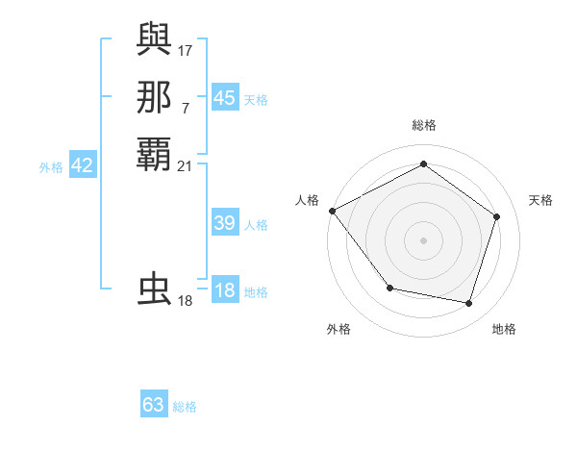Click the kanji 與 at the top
coord(155,40)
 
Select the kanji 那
coord(155,97)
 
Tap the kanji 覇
coord(155,155)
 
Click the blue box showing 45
coord(224,97)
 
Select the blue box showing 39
coord(224,223)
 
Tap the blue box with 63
coord(154,405)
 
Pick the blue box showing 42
coord(82,165)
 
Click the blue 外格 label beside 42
coord(51,167)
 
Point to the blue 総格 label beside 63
coord(185,407)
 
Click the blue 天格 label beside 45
coord(256,99)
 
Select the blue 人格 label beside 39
coord(256,225)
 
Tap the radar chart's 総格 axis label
coord(423,125)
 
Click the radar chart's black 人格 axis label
coord(307,199)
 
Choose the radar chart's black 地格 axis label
coord(504,329)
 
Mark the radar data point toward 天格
coord(496,216)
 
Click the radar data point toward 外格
coord(389,288)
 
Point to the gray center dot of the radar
coord(423,239)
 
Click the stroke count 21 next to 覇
coord(185,166)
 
